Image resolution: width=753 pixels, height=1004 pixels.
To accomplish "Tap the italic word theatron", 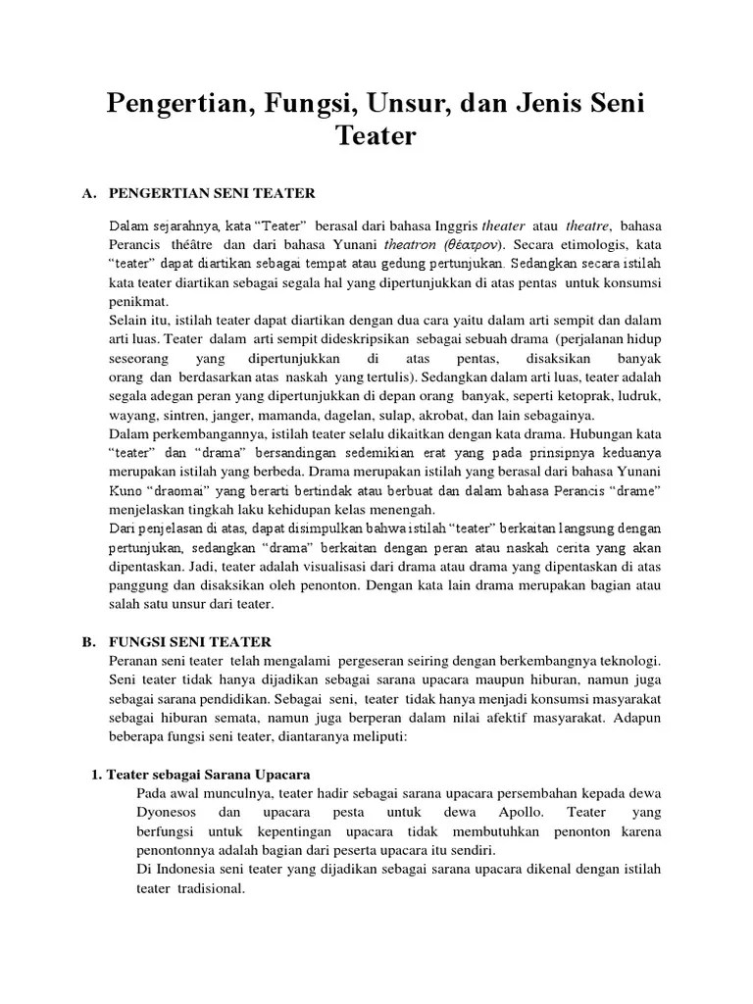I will click(411, 243).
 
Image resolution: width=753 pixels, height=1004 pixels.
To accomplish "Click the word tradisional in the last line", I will click(208, 887).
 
